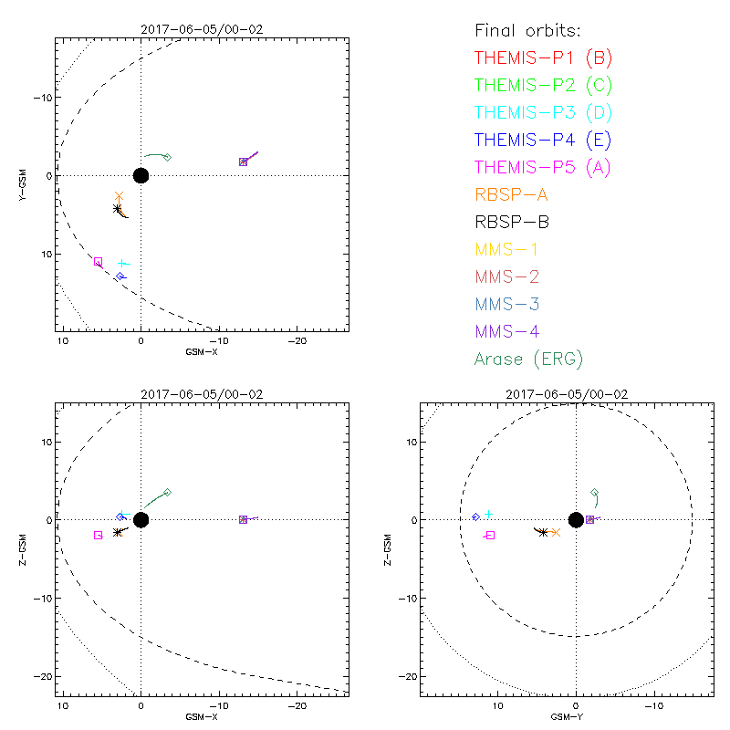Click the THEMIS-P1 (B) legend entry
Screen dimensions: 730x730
(x=543, y=57)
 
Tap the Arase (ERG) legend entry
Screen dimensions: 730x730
(x=528, y=359)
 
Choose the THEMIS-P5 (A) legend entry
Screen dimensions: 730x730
(x=543, y=167)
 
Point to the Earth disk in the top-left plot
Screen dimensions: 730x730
(x=141, y=175)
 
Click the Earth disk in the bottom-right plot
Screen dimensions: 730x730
(x=576, y=519)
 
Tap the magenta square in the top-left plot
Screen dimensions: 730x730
(x=98, y=262)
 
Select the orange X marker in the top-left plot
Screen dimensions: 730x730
(x=119, y=196)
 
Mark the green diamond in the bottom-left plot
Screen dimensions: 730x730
(x=167, y=492)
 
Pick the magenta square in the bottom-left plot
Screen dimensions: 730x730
(x=98, y=535)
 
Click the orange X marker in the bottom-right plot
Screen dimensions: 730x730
(x=556, y=532)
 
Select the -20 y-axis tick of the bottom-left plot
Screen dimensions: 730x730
(x=44, y=676)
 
